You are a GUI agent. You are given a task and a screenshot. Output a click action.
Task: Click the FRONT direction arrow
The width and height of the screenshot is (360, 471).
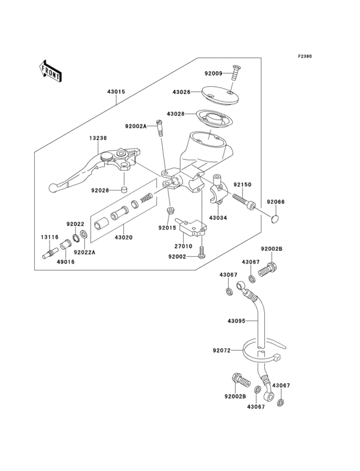50,70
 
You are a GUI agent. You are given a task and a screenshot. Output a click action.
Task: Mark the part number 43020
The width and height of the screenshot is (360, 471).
123,237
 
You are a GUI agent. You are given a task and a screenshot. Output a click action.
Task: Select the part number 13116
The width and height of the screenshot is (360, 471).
51,237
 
